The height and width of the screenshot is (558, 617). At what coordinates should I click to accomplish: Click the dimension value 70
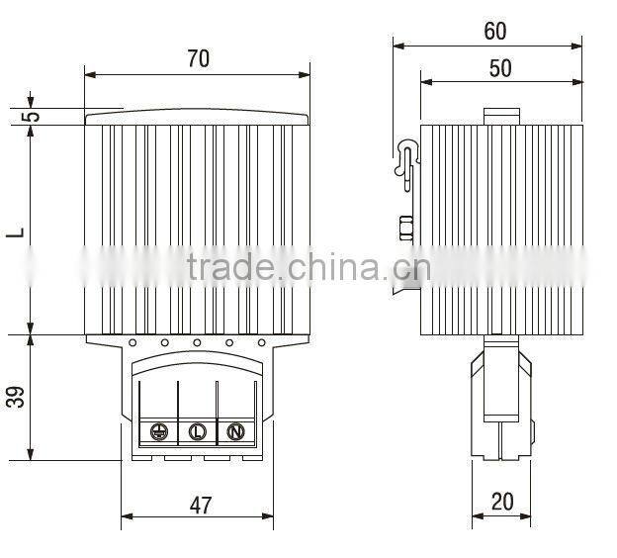[x=198, y=58]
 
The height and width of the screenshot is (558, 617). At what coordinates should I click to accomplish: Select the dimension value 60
[x=494, y=31]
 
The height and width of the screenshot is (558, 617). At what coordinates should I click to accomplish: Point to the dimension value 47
[x=200, y=505]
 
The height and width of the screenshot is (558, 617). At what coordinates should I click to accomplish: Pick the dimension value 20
[x=502, y=502]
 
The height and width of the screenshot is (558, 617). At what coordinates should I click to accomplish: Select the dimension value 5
[x=33, y=115]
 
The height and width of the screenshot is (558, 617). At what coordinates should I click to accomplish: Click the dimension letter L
[x=15, y=232]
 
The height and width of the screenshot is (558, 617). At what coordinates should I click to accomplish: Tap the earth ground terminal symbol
[x=157, y=431]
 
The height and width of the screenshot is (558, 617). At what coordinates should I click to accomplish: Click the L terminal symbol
[x=196, y=431]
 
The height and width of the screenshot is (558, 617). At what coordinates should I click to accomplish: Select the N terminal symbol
[x=235, y=431]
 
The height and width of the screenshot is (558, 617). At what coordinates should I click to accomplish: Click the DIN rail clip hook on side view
[x=406, y=158]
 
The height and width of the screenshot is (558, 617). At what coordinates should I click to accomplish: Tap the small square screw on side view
[x=404, y=229]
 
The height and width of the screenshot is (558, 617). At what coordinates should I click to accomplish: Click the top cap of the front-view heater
[x=198, y=118]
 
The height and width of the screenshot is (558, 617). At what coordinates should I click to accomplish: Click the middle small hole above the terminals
[x=197, y=342]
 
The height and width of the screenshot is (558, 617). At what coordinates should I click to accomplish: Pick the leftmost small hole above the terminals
[x=132, y=342]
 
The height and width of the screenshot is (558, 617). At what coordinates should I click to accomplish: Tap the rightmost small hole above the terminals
[x=262, y=342]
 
